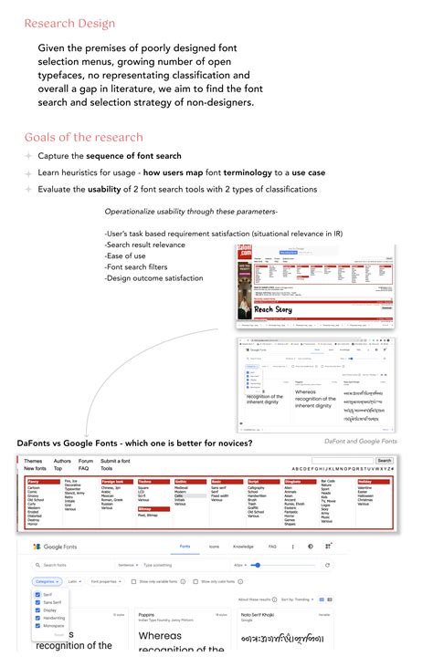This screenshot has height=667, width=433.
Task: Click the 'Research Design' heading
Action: pyautogui.click(x=69, y=23)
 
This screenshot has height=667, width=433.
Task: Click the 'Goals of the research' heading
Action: pyautogui.click(x=84, y=138)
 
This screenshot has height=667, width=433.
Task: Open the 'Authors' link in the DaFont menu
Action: pyautogui.click(x=62, y=462)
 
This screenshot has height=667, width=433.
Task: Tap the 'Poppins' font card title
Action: pyautogui.click(x=147, y=616)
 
